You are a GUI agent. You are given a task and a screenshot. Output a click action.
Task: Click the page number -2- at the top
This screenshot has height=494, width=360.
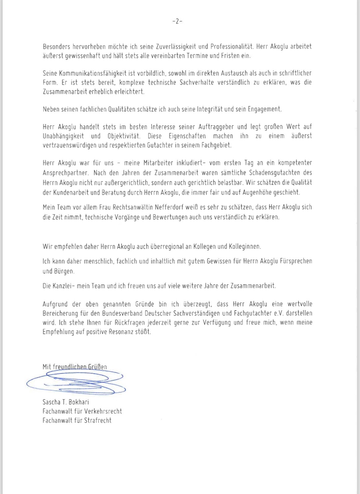pos(177,21)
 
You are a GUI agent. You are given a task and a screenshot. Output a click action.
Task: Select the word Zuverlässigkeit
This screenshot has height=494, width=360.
pos(172,47)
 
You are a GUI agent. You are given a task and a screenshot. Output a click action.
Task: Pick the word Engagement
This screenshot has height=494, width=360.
pos(265,109)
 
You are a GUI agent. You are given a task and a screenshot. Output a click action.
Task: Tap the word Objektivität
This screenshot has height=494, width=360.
pos(124,136)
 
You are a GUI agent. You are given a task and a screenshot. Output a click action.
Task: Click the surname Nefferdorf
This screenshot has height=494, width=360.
pos(167,207)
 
